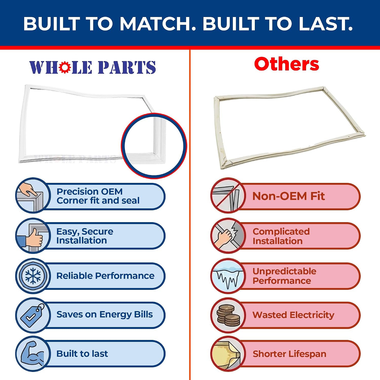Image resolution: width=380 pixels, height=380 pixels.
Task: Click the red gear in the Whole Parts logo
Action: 65,67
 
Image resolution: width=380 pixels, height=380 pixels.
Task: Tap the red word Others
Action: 287,64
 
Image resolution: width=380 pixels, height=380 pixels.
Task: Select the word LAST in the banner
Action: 326,24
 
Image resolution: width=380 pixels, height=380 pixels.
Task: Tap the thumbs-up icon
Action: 33,236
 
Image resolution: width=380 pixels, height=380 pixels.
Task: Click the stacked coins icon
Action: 228,315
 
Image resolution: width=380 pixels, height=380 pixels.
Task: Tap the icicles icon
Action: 228,276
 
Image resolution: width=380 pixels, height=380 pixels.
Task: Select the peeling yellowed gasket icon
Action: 228,354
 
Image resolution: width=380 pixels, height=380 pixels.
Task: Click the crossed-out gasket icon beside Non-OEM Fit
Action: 228,195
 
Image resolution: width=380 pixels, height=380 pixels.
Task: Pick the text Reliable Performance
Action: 105,276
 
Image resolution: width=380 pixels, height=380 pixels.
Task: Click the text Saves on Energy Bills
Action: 105,315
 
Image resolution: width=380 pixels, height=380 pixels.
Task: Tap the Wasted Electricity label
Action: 293,315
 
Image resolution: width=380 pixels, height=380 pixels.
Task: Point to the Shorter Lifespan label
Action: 289,354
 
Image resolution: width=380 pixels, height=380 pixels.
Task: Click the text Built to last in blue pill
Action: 82,354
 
